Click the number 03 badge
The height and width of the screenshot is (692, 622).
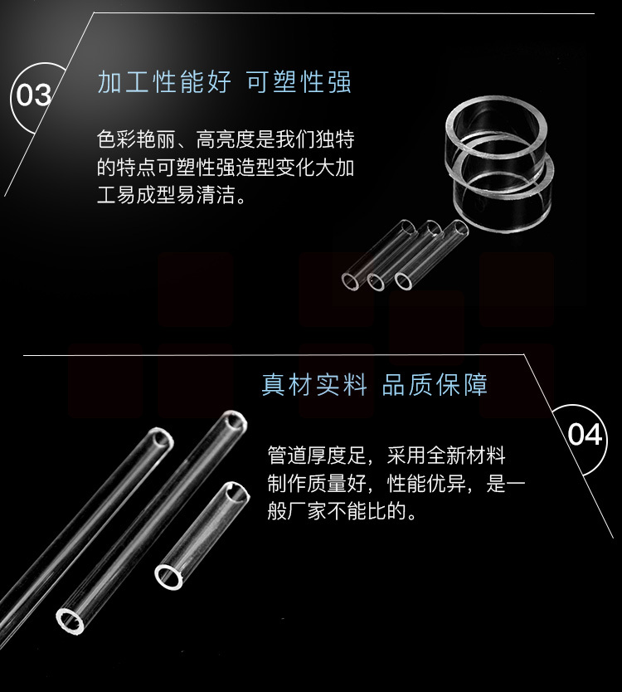[x=33, y=95]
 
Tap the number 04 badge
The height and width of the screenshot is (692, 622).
[x=585, y=434]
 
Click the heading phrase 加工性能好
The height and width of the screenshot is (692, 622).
[x=164, y=81]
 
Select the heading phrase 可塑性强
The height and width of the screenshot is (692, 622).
[x=299, y=81]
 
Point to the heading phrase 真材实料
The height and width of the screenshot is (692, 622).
[x=314, y=385]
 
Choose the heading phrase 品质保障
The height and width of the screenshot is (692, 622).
[x=435, y=385]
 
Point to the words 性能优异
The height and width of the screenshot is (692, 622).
[x=426, y=483]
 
